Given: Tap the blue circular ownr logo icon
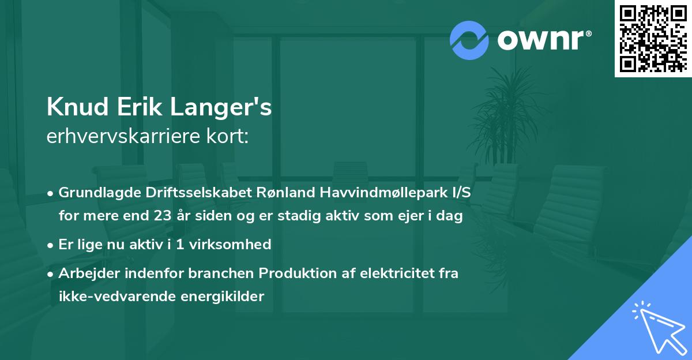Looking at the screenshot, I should point(469,40).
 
